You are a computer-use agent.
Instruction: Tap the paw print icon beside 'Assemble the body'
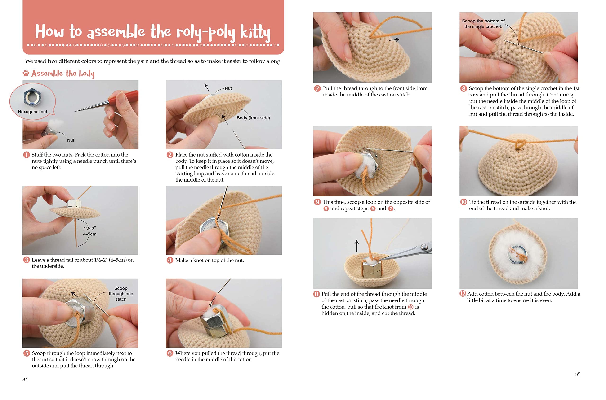26,73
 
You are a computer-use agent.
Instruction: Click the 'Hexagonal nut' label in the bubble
32,112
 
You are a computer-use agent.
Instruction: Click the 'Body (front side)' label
253,118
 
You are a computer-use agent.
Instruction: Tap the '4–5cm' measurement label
90,234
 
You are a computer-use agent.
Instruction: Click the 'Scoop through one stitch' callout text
121,294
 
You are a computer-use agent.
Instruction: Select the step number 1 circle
26,155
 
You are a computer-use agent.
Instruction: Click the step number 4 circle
170,260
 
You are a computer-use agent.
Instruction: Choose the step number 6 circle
170,353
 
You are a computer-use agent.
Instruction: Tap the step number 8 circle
463,88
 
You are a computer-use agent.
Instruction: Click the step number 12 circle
463,294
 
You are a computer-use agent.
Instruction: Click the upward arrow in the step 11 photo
357,246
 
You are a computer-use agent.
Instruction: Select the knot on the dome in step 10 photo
519,144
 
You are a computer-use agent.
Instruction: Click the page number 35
578,374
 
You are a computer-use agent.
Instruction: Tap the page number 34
25,379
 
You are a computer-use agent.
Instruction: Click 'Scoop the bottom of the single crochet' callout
483,24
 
